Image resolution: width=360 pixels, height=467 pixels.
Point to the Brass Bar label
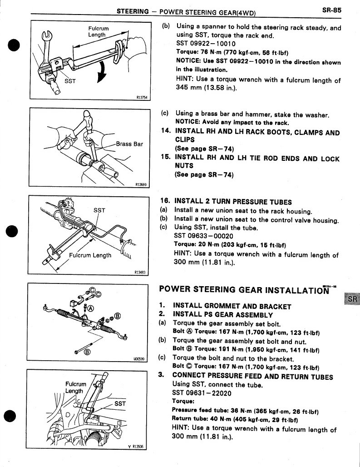coord(129,144)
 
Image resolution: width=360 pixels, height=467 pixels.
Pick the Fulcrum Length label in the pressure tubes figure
coord(90,255)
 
